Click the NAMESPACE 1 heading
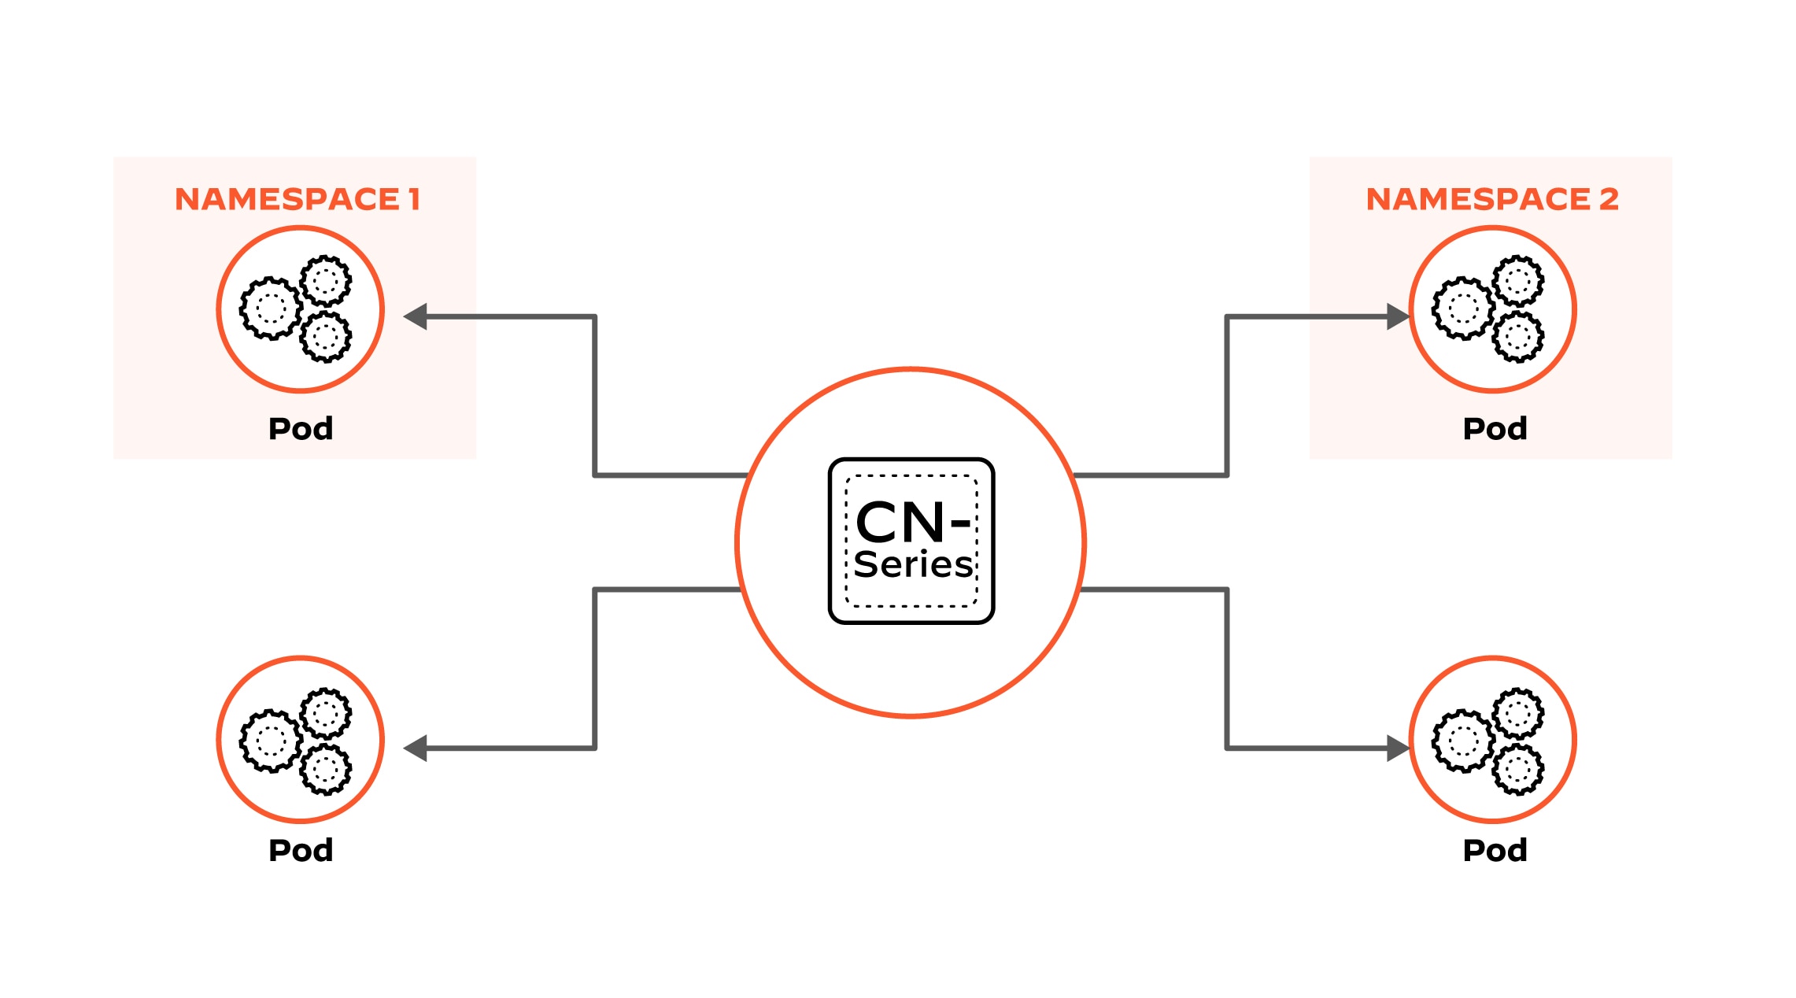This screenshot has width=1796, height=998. coord(297,199)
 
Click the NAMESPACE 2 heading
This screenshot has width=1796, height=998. coord(1491,199)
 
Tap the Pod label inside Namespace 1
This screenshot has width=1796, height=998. coord(301,428)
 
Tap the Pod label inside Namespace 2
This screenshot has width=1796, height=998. coord(1495,428)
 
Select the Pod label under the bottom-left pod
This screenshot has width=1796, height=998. coord(301,850)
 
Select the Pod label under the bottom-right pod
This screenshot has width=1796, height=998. coord(1495,850)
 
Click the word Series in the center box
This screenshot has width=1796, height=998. coord(913,564)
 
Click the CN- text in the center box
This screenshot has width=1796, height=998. coord(911,522)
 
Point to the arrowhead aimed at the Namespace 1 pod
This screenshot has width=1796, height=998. coord(416,316)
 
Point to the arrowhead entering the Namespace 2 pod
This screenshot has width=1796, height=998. coord(1397,316)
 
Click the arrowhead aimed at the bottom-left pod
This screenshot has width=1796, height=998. coord(416,748)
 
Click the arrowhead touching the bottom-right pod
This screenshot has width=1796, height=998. coord(1397,748)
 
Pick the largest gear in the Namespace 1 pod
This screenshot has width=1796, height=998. coord(270,308)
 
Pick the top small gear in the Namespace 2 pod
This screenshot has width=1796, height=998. coord(1518,280)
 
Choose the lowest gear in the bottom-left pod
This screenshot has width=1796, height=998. coord(326,769)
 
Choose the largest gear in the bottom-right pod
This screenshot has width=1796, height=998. coord(1463,741)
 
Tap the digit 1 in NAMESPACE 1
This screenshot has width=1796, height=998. coord(414,199)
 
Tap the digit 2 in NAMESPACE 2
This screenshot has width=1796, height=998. coord(1609,199)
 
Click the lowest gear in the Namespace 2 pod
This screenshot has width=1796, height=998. coord(1518,337)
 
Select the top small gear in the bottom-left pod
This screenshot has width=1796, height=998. coord(326,714)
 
